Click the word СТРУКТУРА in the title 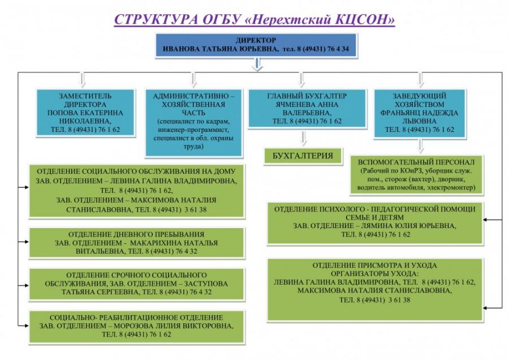click(x=156, y=19)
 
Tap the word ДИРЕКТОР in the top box click(x=256, y=40)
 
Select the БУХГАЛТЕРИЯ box click(x=303, y=156)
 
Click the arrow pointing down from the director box click(x=257, y=65)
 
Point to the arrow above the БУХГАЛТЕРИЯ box click(x=304, y=138)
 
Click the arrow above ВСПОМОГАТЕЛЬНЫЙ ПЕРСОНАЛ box click(x=421, y=146)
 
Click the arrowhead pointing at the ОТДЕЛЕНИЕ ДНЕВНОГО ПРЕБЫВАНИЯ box click(x=26, y=242)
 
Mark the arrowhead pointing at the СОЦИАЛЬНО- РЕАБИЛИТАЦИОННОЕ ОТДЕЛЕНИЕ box click(x=26, y=325)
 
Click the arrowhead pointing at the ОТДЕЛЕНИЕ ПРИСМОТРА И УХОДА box click(x=486, y=308)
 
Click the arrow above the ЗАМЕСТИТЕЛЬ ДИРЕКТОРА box click(x=83, y=80)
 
